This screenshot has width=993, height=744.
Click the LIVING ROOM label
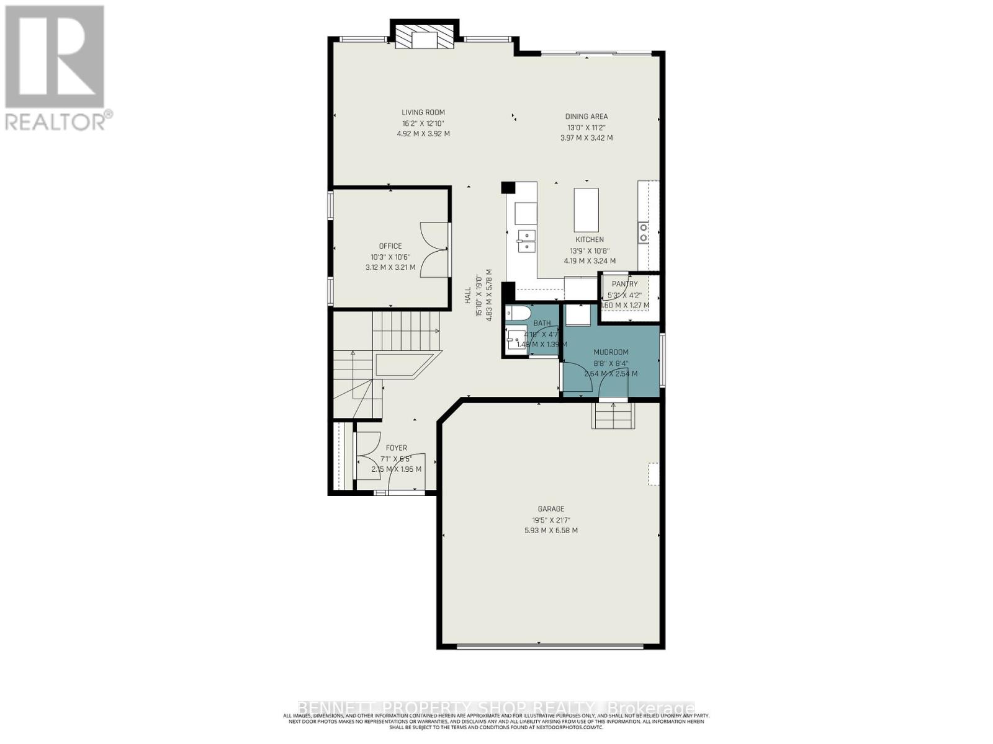coord(423,112)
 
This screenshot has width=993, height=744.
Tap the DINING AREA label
coord(586,116)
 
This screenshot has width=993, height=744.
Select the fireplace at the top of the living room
coord(425,38)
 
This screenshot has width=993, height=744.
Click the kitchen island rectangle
coord(586,210)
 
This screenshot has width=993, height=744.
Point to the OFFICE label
coord(390,246)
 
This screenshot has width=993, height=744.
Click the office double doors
coord(434,249)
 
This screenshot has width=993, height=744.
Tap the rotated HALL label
coord(467,298)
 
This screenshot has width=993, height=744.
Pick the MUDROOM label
coord(611,352)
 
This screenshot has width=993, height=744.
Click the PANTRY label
coord(624,284)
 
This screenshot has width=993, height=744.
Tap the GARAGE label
coord(550,508)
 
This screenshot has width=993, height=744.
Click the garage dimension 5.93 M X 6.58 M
coord(550,531)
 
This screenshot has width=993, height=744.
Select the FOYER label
coord(396,448)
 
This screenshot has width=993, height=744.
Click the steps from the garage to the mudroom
coord(613,415)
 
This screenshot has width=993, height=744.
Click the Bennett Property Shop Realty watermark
coord(496,708)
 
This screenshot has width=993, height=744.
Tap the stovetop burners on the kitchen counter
coord(644,232)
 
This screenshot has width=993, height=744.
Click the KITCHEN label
coord(589,239)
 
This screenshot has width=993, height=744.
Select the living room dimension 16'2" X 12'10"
coord(423,123)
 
